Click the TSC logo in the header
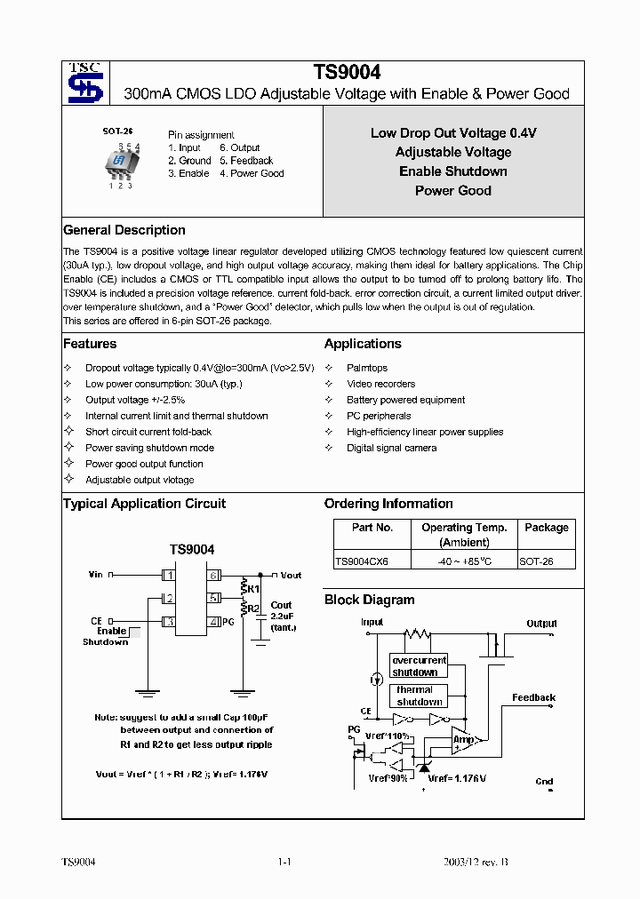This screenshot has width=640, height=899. click(x=84, y=83)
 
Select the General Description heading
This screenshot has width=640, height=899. click(x=124, y=230)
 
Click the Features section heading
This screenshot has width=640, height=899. click(x=90, y=344)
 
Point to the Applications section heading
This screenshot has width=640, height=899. click(x=363, y=344)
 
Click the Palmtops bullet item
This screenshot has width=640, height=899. click(x=366, y=368)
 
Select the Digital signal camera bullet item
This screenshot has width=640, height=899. click(x=391, y=448)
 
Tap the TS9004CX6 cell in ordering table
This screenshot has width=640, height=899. click(x=362, y=561)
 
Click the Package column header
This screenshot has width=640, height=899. click(x=546, y=528)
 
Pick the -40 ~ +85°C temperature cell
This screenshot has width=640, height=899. click(x=464, y=561)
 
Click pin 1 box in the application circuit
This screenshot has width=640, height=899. click(x=167, y=575)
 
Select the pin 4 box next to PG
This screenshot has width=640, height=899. click(x=214, y=621)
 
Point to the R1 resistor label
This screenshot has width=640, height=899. click(x=252, y=588)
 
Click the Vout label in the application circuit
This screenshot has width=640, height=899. click(x=291, y=575)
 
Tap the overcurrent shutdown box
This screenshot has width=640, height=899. click(x=418, y=666)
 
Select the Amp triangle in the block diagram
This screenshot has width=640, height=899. click(x=465, y=739)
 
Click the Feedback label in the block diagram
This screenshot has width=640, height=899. click(x=533, y=697)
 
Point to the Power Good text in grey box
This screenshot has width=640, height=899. click(x=452, y=190)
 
